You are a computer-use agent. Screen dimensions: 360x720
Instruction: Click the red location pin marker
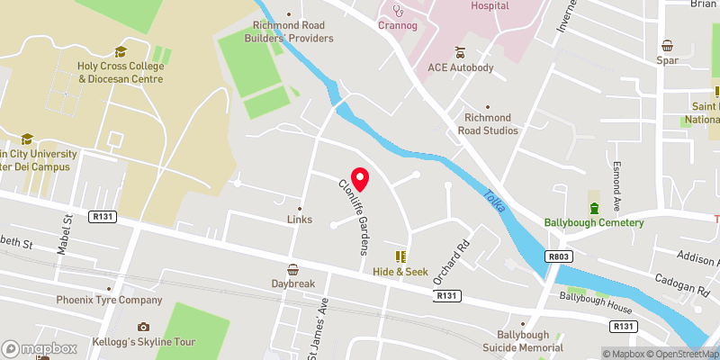(x=360, y=178)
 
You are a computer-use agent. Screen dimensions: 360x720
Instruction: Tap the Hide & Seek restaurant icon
(x=400, y=256)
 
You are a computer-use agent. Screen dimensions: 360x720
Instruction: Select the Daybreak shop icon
(x=293, y=269)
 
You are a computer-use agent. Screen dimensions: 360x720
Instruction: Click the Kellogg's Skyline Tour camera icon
(x=143, y=327)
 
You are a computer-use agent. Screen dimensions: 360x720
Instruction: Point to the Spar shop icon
(x=668, y=46)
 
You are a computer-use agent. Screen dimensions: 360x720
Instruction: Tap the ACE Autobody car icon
(x=460, y=51)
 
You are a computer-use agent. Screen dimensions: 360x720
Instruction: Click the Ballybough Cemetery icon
(x=593, y=196)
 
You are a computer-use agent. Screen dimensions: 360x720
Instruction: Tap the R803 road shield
(x=557, y=257)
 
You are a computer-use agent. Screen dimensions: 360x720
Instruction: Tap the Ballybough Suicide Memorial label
(x=529, y=341)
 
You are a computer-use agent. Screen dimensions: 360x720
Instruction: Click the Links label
(x=299, y=219)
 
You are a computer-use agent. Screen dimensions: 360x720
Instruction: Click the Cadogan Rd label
(x=682, y=284)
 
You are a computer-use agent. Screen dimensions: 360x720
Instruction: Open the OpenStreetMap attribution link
(x=679, y=354)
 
